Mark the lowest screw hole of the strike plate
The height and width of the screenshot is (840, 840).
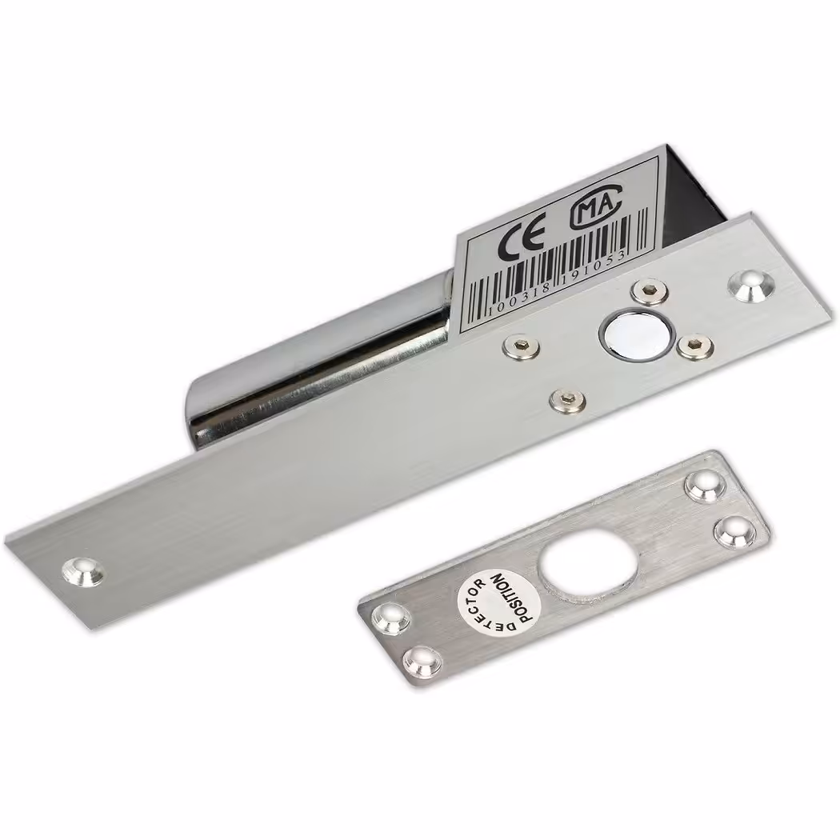(x=422, y=661)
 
